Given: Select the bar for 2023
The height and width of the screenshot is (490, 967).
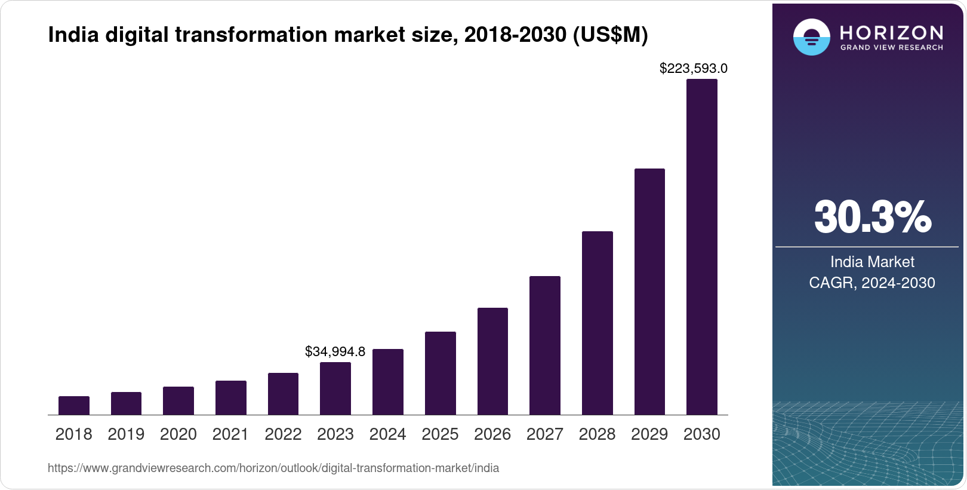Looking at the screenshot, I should point(335,388).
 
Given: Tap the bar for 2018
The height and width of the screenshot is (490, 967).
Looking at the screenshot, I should point(73,405).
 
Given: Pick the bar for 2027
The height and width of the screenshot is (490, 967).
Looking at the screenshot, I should point(544,345).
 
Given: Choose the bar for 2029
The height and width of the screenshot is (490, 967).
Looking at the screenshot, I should point(649,292).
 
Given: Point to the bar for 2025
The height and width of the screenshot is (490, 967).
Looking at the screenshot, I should point(440,373).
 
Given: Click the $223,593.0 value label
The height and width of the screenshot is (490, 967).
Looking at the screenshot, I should point(693,69).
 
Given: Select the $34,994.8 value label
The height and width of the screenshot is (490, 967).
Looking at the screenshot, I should point(335,351).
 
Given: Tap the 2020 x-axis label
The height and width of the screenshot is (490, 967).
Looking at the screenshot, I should point(178,434).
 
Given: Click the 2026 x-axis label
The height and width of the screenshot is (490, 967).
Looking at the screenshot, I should point(492,434).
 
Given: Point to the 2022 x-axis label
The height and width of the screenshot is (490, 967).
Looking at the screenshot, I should point(283,434).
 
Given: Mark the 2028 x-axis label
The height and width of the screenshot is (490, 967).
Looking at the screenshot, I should point(597,434).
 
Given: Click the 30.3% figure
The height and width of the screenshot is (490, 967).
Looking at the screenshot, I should point(872,217).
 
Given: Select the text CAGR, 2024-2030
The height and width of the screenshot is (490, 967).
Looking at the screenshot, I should point(872,283).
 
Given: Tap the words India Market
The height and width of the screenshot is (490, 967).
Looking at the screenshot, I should point(872,262).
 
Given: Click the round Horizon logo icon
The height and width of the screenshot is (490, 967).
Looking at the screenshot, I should point(811,37).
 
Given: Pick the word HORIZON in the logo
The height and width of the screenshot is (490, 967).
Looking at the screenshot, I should point(892,32).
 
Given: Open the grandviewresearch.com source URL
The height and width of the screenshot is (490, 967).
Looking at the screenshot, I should point(273,468).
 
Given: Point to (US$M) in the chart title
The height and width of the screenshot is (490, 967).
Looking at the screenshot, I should point(610,35).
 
